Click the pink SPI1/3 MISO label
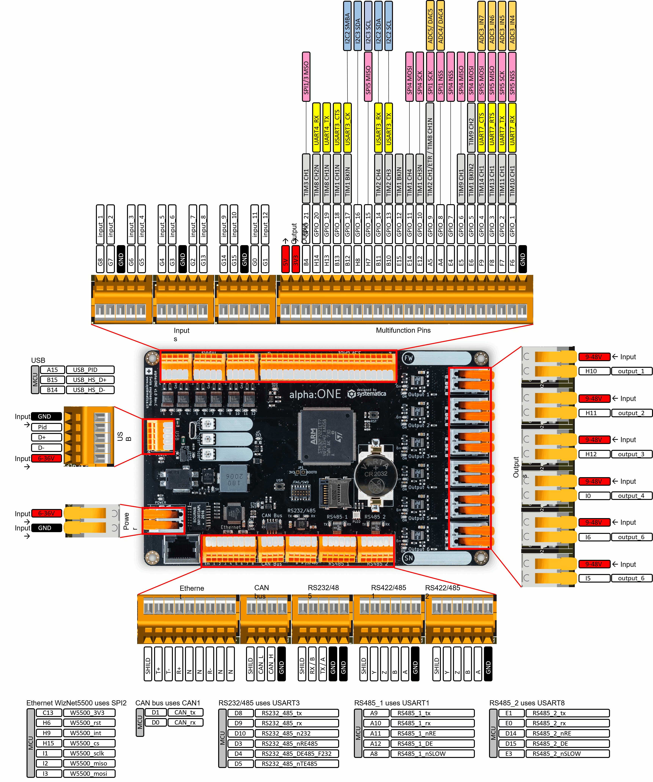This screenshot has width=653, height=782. (x=306, y=77)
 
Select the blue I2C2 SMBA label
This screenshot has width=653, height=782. (x=347, y=26)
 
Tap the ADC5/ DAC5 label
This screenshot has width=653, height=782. (x=430, y=26)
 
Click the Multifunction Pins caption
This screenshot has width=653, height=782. (x=403, y=330)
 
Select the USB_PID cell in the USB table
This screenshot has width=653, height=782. (x=90, y=370)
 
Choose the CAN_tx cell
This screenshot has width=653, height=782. (x=185, y=712)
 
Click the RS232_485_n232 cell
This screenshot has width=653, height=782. (x=297, y=733)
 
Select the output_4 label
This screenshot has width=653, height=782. (x=631, y=496)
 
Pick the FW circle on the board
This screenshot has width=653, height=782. (x=408, y=358)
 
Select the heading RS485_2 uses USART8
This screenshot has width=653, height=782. (x=527, y=703)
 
